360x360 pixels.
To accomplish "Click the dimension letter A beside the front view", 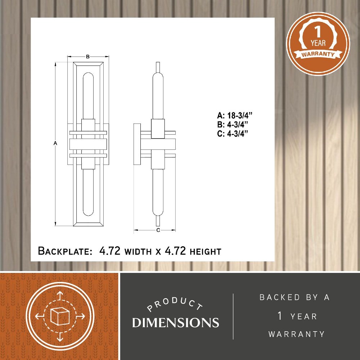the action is click(x=55, y=143).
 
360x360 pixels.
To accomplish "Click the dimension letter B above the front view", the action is click(x=88, y=57).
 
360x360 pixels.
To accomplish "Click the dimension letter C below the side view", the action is click(x=158, y=230).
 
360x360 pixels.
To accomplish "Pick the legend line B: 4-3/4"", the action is click(x=233, y=125).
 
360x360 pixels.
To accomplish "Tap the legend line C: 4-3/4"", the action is click(x=233, y=134).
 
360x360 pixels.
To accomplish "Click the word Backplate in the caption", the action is click(x=65, y=251).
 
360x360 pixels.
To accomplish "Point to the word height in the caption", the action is click(x=205, y=252).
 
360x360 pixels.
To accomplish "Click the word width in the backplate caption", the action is click(x=138, y=252).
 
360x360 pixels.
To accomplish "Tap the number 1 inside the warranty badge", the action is click(x=318, y=32).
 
